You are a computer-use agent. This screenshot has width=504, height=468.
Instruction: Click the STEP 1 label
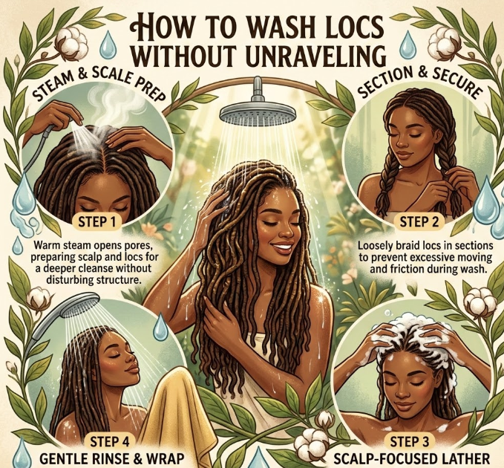(x=96, y=222)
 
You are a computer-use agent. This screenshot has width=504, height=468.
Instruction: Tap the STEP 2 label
(x=419, y=221)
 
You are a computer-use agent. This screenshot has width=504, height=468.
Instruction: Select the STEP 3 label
(x=410, y=441)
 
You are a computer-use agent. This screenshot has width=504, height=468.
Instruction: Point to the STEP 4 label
(x=110, y=441)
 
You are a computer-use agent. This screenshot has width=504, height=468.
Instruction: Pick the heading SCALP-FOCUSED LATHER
(x=412, y=458)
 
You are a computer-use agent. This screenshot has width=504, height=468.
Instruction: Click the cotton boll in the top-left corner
(x=71, y=42)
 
